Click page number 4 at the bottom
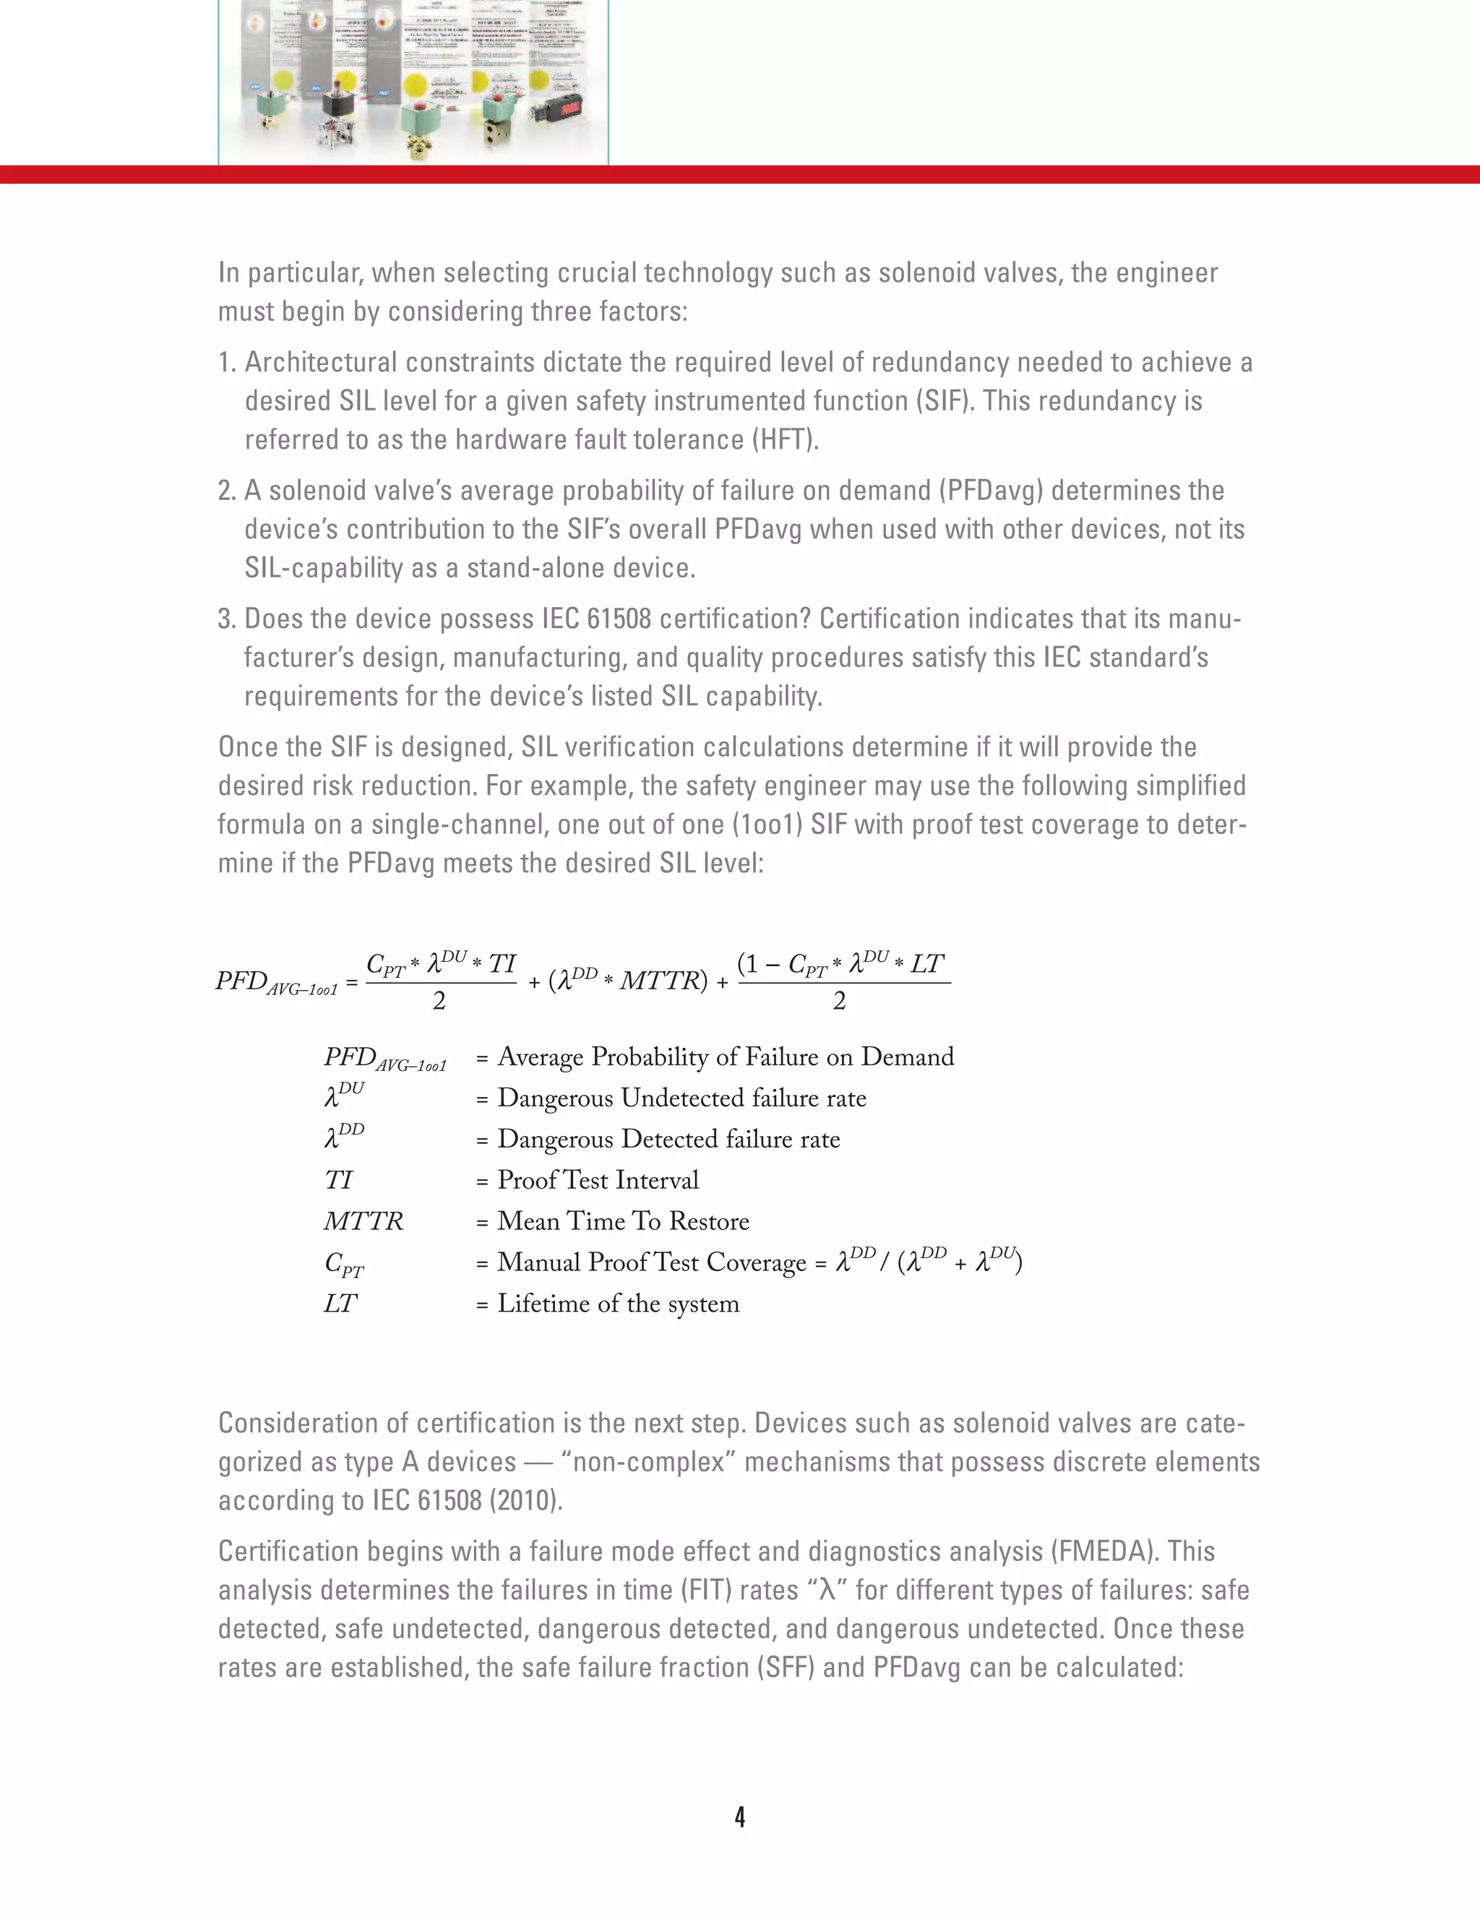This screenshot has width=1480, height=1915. click(740, 1817)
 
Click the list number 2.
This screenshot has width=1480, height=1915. click(226, 491)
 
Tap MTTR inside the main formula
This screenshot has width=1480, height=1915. click(662, 981)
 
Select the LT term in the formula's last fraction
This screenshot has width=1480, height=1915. click(926, 965)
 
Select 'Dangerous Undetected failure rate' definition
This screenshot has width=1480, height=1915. click(681, 1098)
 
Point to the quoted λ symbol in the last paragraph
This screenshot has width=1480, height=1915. click(824, 1591)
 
